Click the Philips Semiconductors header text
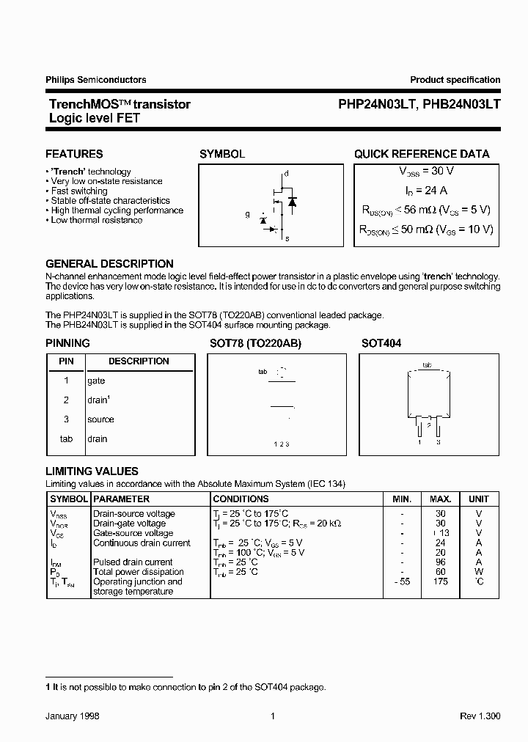95,80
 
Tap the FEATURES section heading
74,154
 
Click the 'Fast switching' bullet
78,191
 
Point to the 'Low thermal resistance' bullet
96,220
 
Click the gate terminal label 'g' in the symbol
248,215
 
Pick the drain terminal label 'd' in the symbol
287,173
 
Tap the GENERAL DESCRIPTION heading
109,264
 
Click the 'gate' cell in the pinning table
96,381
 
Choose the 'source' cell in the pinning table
100,419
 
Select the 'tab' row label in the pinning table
66,438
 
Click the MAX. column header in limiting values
441,499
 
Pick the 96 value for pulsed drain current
441,562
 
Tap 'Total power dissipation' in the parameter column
138,572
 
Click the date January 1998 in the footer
73,716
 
